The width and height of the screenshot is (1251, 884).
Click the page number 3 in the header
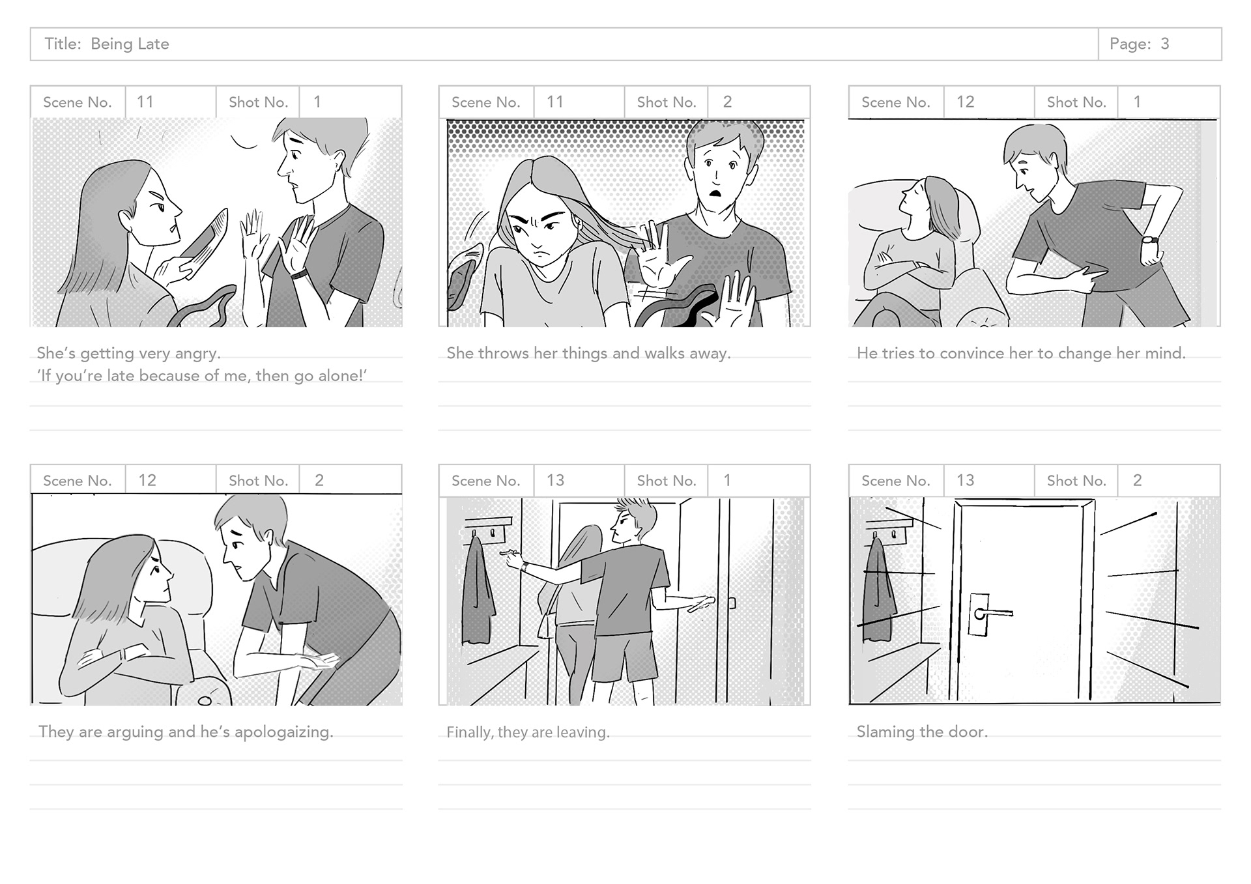1164,44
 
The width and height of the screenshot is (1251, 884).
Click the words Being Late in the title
130,44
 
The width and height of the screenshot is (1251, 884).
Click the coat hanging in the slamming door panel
878,590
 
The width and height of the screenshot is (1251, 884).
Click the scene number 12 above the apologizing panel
147,480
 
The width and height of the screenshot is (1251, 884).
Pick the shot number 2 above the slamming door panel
1137,480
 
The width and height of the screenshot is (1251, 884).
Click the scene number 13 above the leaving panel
555,480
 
